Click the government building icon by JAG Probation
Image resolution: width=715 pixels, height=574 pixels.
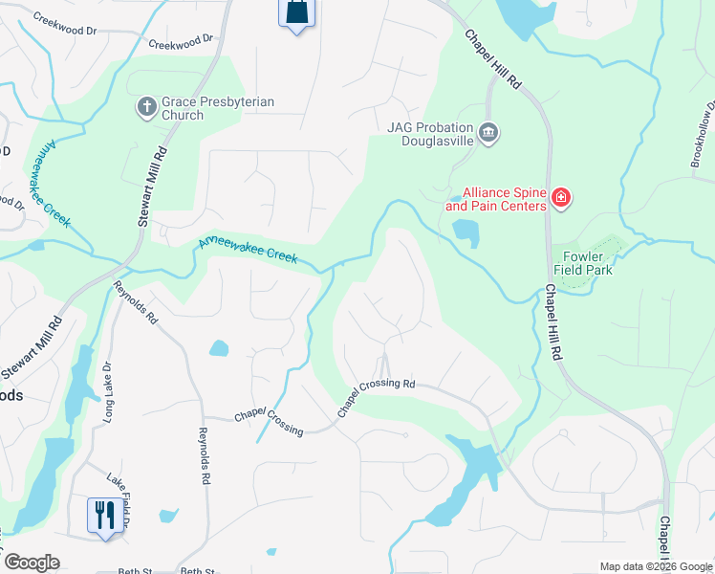coord(488,132)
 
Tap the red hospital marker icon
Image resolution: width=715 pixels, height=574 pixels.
coord(561,199)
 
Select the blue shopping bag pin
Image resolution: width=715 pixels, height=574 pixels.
coord(295,13)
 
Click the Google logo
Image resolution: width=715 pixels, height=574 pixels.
coord(32,563)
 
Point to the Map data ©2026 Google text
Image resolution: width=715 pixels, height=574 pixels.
coord(655,566)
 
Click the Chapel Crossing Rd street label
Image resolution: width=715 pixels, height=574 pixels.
coord(376,397)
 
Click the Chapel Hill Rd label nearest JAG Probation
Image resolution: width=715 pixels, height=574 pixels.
coord(493,59)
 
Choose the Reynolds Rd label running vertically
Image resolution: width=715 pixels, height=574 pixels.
coord(204,454)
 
